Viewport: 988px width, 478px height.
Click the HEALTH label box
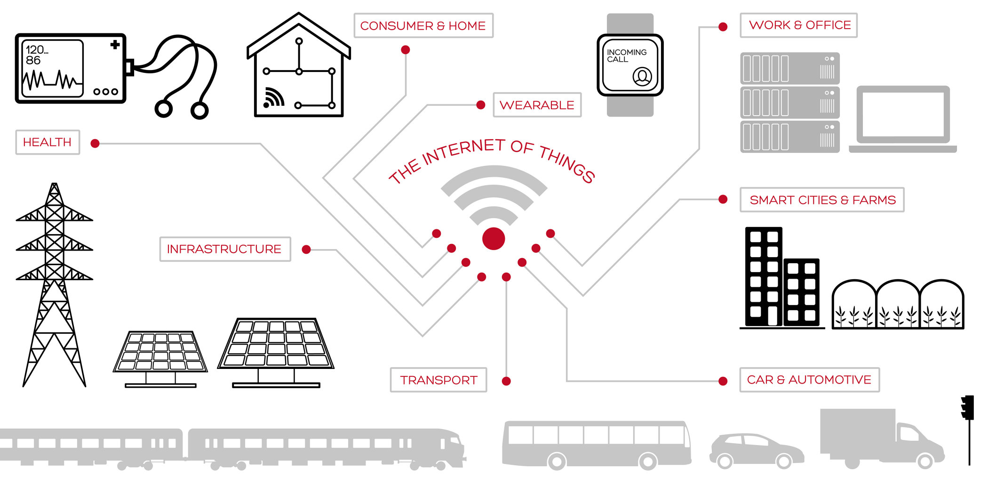(48, 142)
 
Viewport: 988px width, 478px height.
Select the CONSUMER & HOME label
(423, 25)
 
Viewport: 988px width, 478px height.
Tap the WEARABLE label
(537, 105)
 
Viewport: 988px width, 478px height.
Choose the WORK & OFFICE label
(799, 25)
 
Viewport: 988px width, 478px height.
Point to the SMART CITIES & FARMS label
(822, 200)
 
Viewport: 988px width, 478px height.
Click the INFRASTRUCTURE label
(225, 249)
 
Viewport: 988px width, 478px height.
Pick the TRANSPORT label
(438, 380)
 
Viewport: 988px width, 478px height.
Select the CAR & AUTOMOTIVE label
(810, 380)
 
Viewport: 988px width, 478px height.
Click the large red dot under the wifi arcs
(494, 238)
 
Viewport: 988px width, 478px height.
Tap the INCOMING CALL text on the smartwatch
(627, 55)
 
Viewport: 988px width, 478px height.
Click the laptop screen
(903, 114)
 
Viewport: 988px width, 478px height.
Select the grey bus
(597, 445)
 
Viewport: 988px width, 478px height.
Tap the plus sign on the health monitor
(115, 45)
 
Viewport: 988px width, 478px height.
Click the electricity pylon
(55, 285)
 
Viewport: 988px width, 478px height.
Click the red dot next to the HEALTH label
(95, 143)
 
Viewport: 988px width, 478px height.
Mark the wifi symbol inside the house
(273, 98)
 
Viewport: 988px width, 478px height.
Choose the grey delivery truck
(882, 439)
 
